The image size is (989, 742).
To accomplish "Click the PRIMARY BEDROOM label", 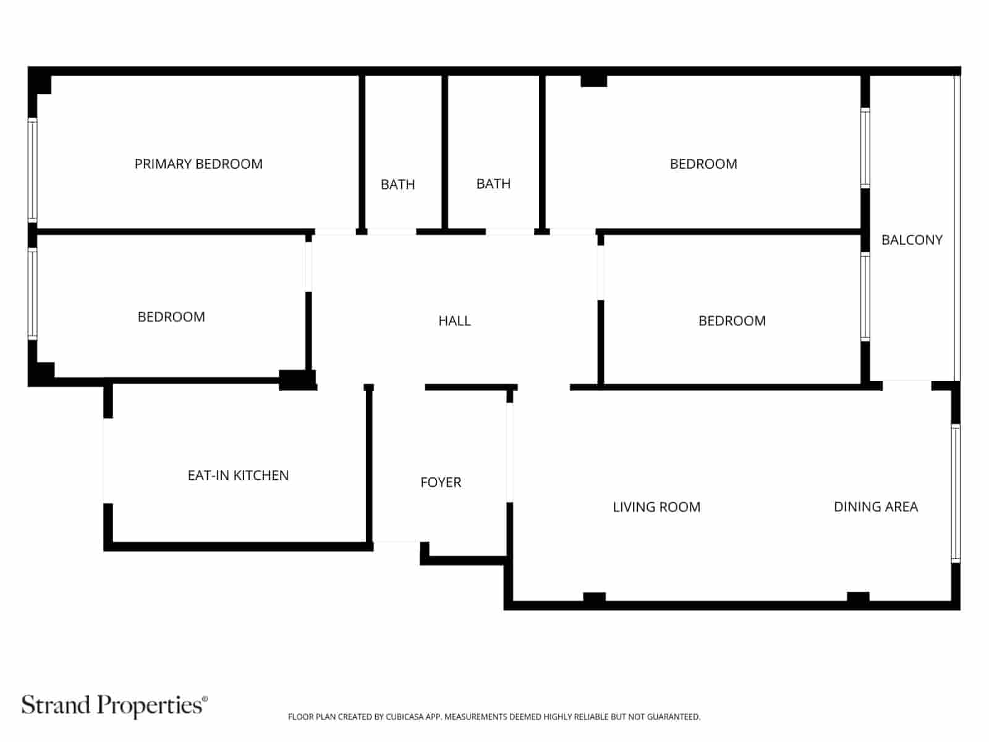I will coord(198,164).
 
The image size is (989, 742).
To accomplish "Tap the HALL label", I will coord(454,321).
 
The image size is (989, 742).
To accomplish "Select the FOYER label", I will coord(441,482).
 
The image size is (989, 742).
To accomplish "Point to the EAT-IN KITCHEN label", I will coord(238,475).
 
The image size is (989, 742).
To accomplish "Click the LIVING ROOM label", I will coord(656,507).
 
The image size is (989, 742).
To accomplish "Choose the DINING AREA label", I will coord(875,507).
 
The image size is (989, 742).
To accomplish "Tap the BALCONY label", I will coord(912,240).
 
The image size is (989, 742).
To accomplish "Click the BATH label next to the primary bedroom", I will coord(397,184).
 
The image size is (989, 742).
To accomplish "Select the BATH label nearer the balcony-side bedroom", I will coord(493,184).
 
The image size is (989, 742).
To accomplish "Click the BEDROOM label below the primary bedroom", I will coord(171,317).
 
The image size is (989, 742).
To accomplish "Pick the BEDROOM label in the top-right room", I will coord(703,164).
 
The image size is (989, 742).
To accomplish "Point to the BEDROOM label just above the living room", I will coord(732,321).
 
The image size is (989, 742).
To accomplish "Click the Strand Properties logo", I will coord(114,705).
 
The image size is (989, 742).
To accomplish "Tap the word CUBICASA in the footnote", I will coord(405,717).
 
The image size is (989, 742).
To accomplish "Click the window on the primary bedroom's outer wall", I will coord(32,169).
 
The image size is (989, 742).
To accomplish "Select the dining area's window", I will coord(956,493).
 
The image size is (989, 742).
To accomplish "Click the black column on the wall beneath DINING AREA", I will coord(858,598).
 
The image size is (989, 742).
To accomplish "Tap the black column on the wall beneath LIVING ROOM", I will coord(594,598).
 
